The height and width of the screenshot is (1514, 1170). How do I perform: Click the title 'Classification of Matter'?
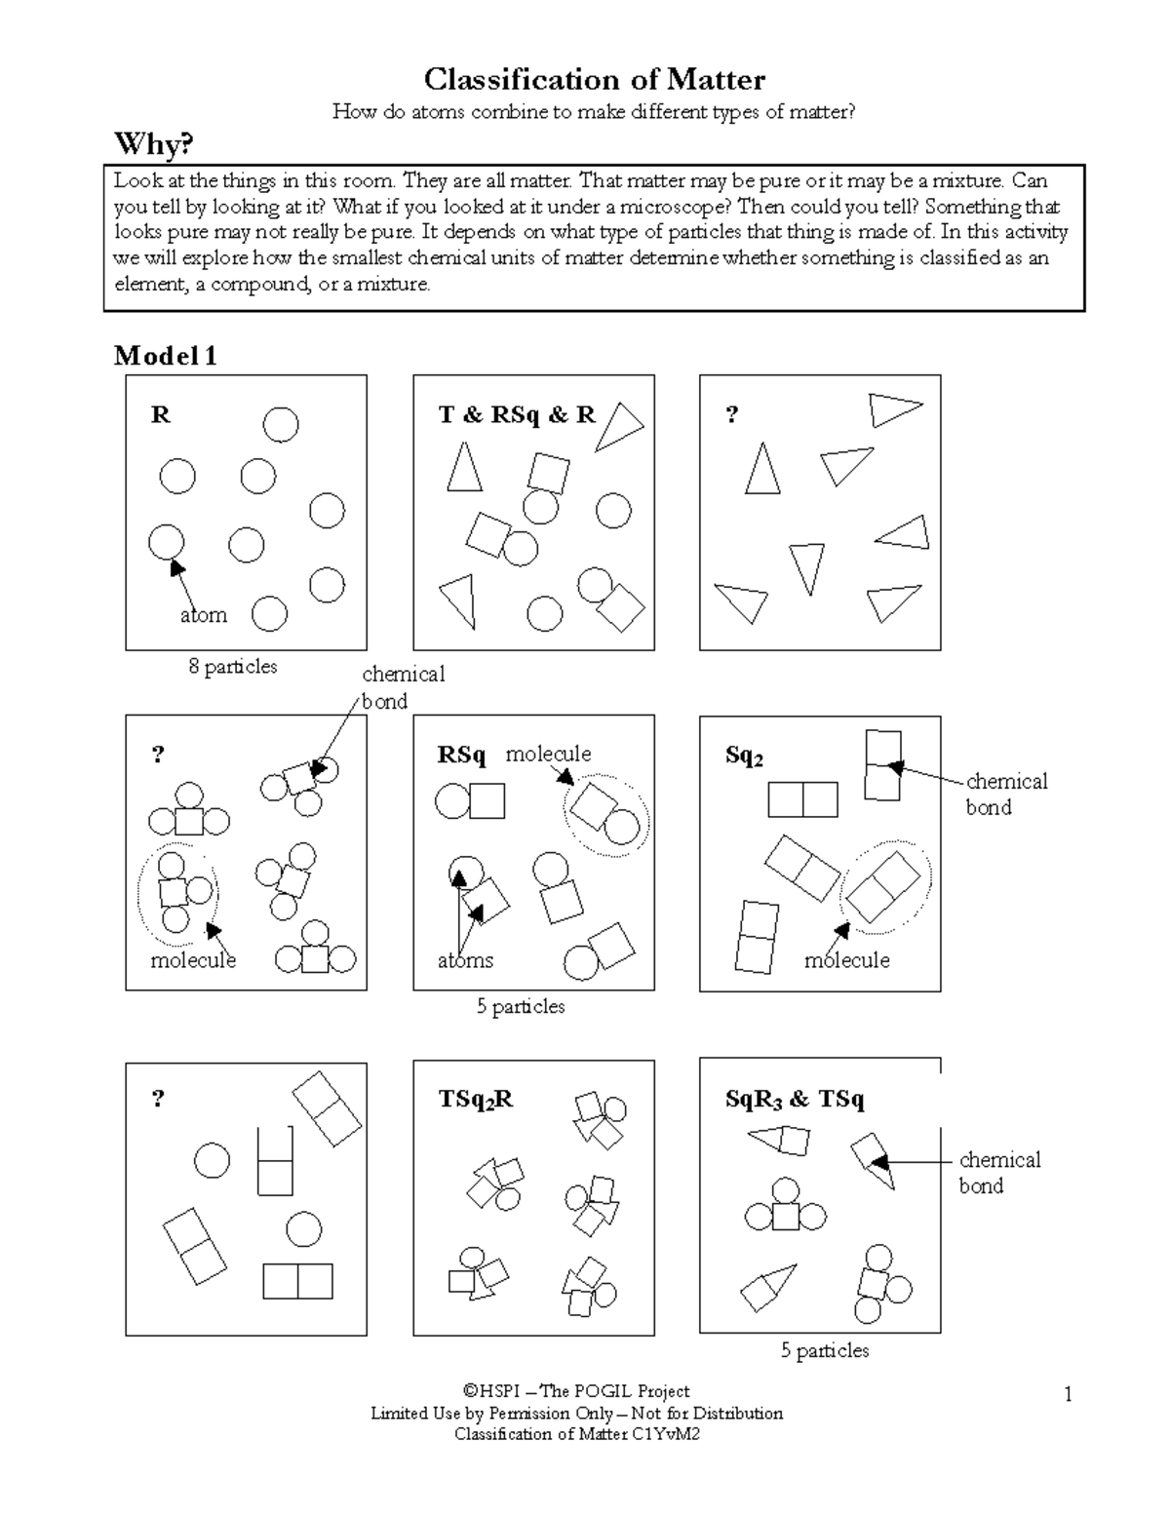coord(594,79)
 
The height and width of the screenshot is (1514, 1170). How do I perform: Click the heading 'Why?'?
coord(154,145)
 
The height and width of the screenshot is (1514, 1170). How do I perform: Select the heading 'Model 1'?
coord(166,356)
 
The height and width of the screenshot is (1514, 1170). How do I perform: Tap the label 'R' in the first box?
coord(161,415)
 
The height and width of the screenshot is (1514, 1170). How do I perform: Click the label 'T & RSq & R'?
coord(517,415)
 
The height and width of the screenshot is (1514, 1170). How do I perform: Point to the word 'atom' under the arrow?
coord(204,615)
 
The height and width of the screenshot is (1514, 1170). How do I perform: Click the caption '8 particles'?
coord(233,667)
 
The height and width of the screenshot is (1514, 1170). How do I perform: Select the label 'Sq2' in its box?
coord(744,757)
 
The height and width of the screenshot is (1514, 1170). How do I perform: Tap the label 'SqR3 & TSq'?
coord(795,1100)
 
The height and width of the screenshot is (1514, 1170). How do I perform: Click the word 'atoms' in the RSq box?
coord(465,960)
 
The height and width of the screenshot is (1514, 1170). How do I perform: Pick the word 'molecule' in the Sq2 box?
coord(846,960)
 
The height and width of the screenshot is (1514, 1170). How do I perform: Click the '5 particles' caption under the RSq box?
coord(521,1007)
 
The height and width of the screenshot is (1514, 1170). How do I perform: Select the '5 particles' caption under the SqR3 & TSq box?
coord(824,1351)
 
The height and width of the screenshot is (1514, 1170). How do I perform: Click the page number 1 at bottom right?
coord(1069,1395)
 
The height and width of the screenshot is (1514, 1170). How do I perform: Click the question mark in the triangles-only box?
coord(732,415)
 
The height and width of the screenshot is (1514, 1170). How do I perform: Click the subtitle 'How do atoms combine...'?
coord(594,112)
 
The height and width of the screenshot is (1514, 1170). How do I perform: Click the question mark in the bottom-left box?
coord(158,1100)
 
